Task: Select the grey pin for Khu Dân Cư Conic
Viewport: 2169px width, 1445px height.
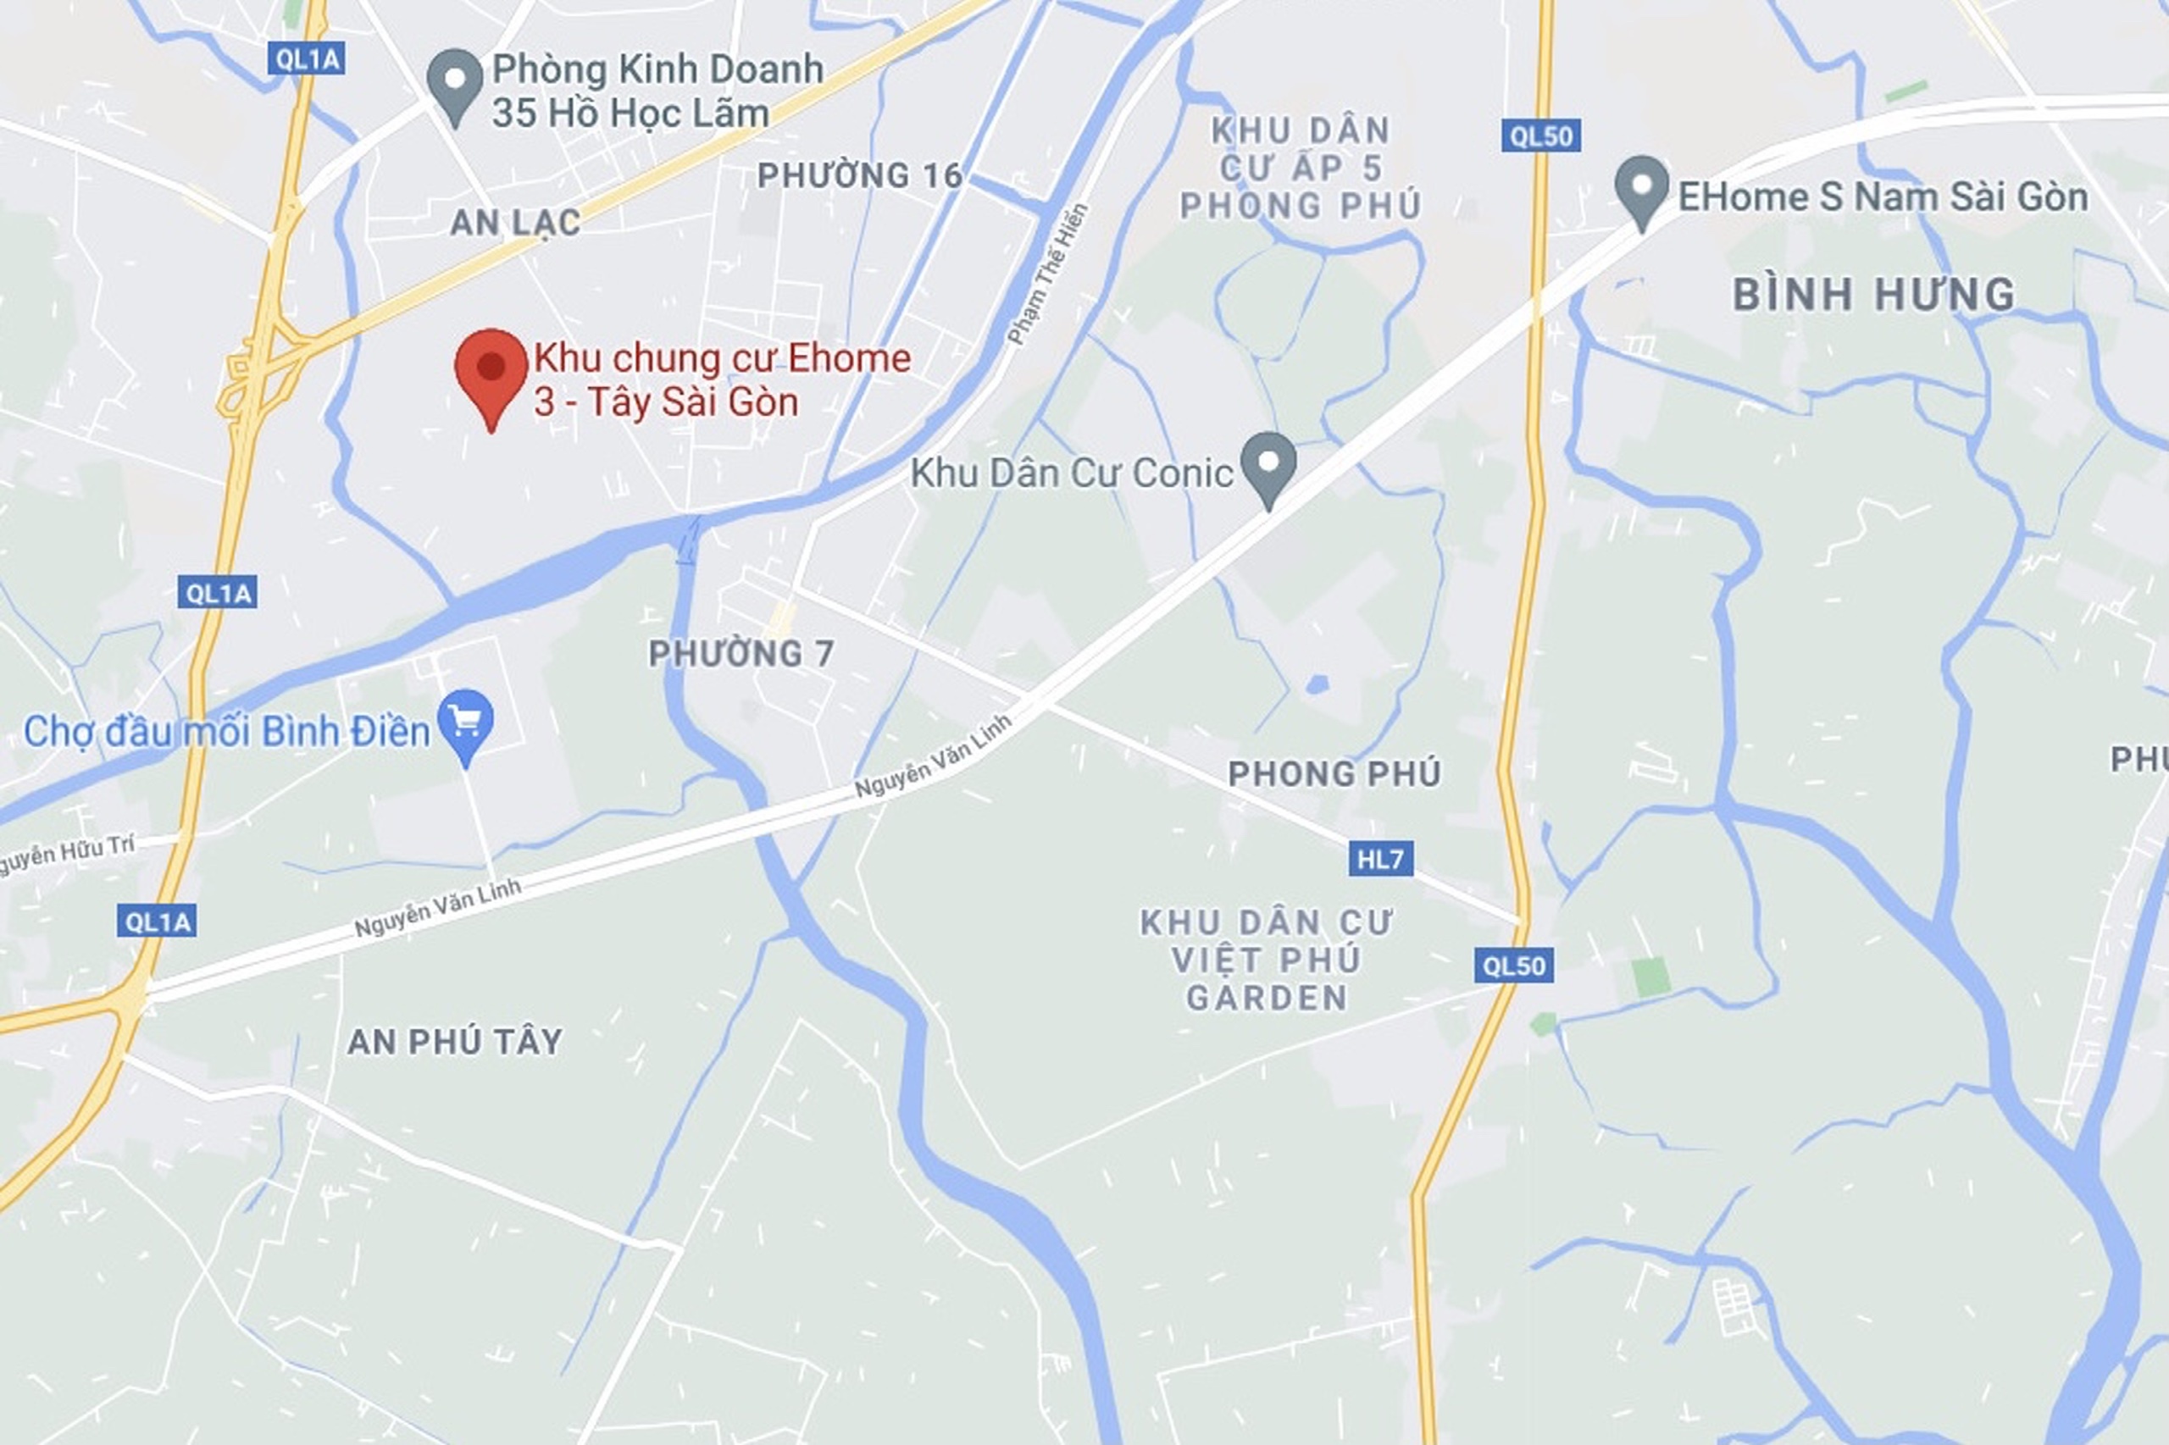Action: point(1268,464)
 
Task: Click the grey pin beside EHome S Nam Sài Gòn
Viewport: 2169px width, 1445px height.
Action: point(1642,188)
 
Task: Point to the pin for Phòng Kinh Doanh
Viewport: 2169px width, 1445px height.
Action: point(455,82)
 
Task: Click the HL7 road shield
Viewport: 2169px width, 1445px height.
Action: point(1380,859)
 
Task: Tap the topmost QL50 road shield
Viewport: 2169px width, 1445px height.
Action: point(1541,136)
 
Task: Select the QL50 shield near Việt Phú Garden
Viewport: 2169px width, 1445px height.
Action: point(1513,965)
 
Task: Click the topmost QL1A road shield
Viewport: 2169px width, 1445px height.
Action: point(307,60)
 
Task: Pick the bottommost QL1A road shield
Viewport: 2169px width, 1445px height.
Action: point(157,921)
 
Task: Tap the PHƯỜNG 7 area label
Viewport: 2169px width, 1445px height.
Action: point(741,654)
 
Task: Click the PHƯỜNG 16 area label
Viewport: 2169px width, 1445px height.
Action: point(859,175)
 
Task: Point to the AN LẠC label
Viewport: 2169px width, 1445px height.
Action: point(515,222)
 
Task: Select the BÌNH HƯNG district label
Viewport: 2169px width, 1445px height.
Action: point(1873,295)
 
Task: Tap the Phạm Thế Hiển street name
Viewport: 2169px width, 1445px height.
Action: point(1048,274)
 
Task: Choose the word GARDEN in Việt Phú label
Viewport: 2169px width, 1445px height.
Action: point(1267,998)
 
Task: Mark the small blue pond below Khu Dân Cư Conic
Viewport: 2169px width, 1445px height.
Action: point(1317,684)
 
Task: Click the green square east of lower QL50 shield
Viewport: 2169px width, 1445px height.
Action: point(1650,977)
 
